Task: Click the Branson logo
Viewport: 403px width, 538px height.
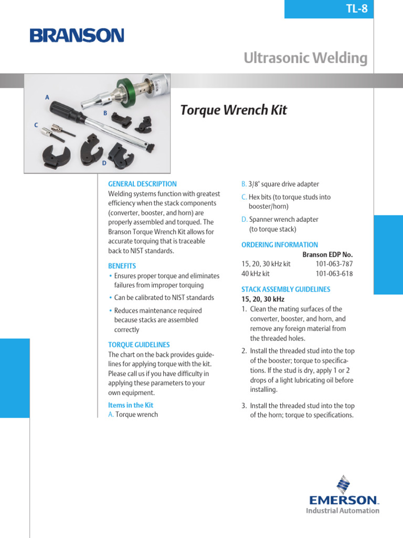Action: pos(77,36)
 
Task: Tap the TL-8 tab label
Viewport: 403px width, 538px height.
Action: pos(357,9)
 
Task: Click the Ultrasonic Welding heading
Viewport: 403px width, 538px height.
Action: pos(305,58)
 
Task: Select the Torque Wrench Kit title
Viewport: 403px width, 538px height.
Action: pos(234,110)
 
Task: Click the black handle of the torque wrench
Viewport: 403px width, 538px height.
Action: pos(65,111)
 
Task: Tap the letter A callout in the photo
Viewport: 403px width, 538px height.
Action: pos(47,97)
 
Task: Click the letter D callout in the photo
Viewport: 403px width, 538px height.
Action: pos(104,163)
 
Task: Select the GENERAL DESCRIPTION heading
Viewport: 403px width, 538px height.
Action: pos(142,184)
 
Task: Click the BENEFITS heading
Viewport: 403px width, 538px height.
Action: pos(122,266)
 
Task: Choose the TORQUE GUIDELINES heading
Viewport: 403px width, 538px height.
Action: pos(139,345)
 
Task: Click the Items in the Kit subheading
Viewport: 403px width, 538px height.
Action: pos(131,405)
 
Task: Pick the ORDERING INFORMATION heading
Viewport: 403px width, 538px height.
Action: pos(280,245)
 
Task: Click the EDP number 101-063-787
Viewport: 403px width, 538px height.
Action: pos(334,264)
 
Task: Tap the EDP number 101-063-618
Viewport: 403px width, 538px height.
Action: pos(334,274)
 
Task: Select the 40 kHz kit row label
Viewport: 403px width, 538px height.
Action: pos(256,274)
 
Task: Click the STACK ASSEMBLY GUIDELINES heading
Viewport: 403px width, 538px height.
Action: pos(286,289)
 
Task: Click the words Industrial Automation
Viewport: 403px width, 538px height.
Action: pos(343,510)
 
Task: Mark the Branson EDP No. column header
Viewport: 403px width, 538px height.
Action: pos(327,254)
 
